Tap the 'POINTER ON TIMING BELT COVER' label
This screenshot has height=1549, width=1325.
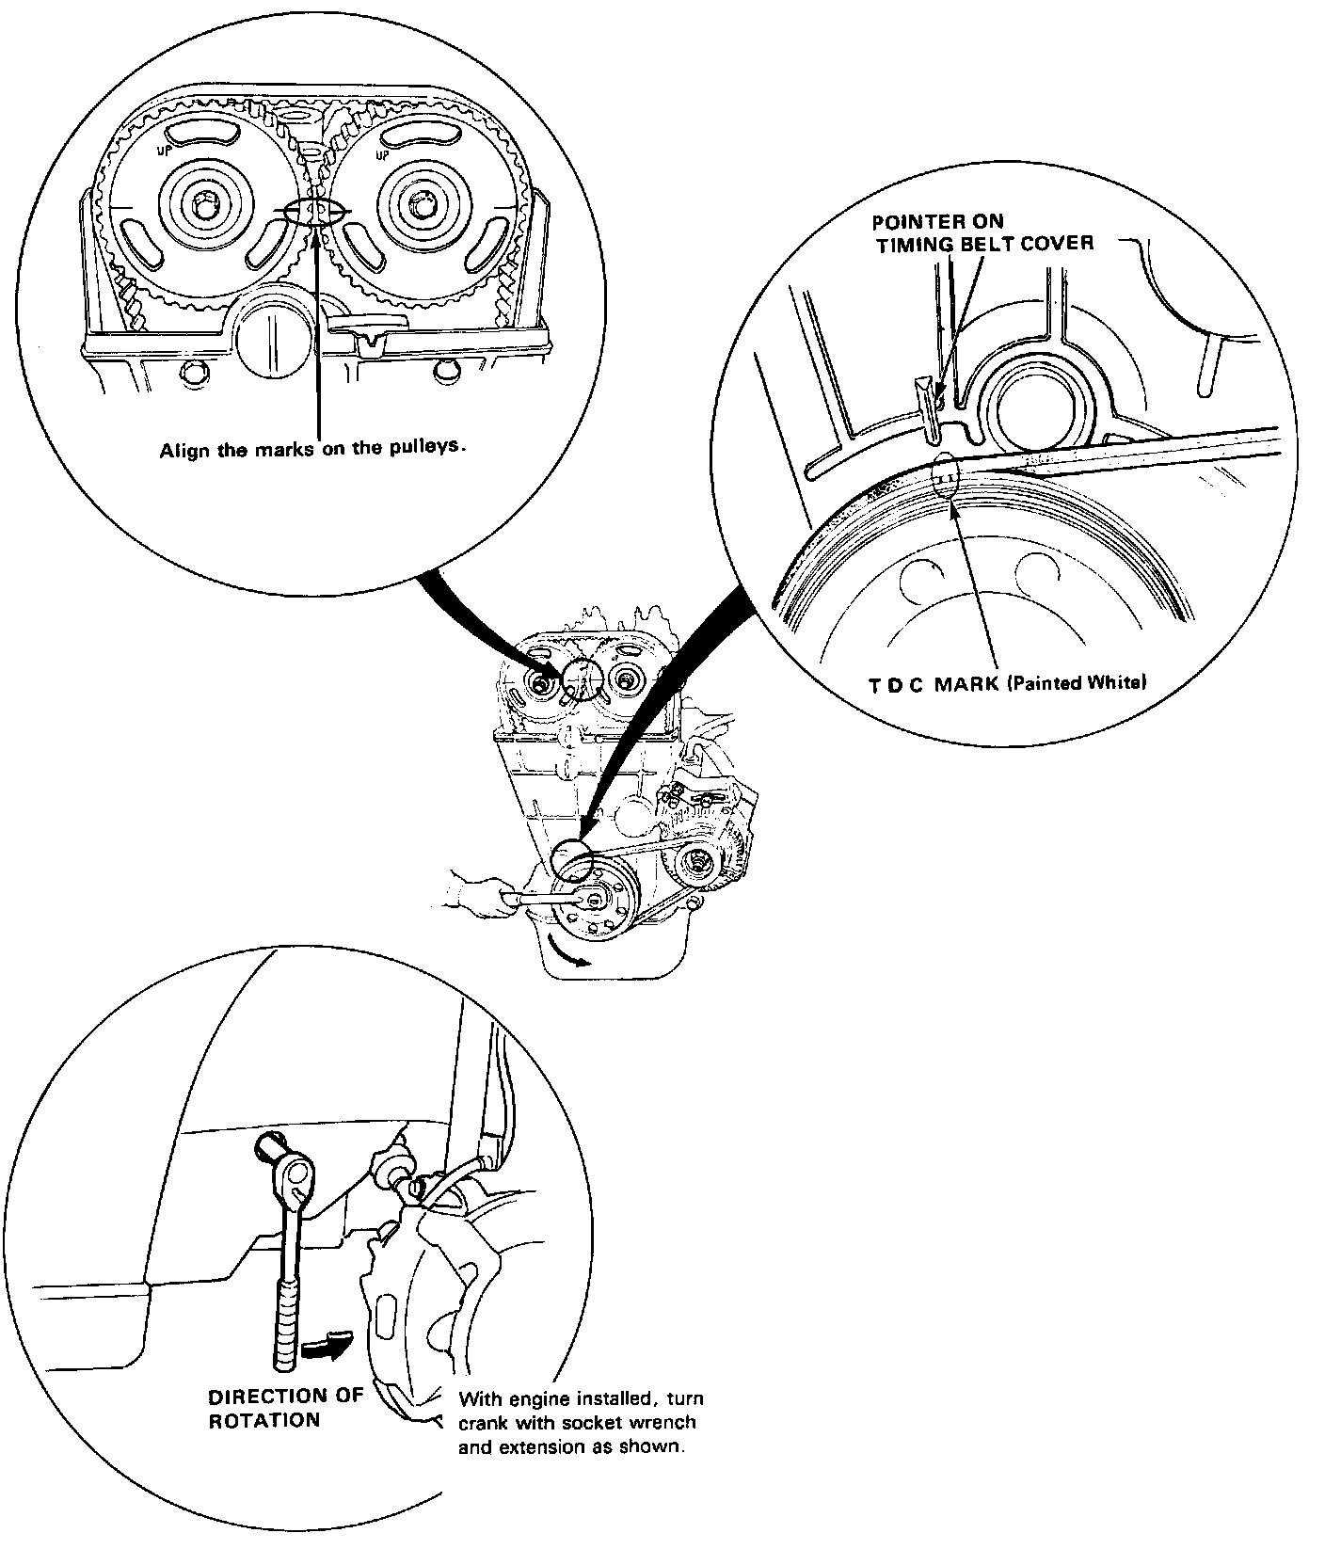point(983,232)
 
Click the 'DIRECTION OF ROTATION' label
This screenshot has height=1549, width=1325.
point(285,1408)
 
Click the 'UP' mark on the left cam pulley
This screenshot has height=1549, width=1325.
point(164,149)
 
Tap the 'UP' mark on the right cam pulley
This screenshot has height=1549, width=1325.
point(382,152)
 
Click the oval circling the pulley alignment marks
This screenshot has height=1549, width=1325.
point(316,212)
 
